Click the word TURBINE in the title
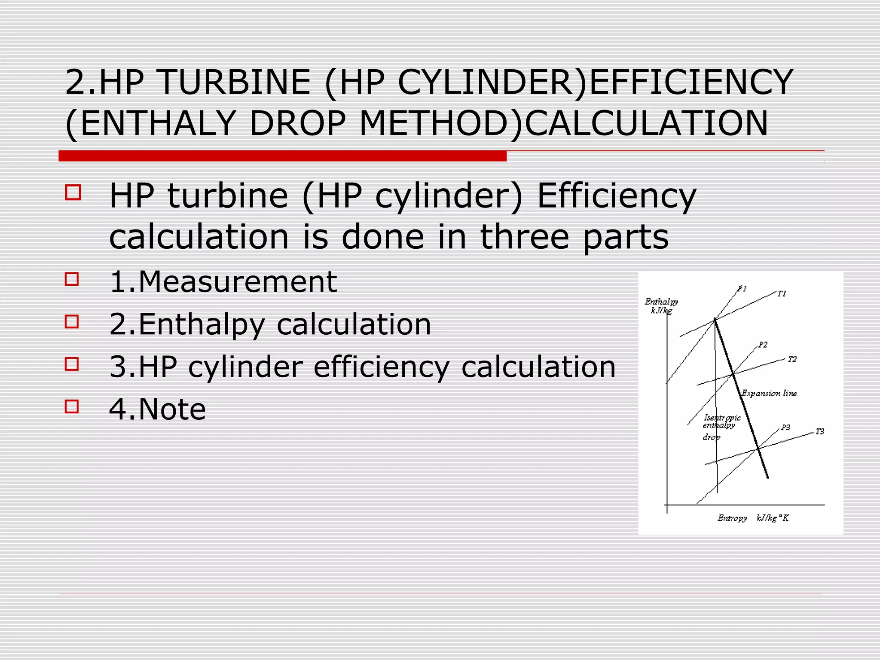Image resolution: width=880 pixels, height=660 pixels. [x=235, y=82]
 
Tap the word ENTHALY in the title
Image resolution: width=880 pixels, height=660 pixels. [x=157, y=124]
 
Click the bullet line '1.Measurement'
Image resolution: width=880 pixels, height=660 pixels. [x=223, y=282]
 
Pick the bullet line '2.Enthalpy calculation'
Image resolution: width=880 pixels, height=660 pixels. [x=270, y=324]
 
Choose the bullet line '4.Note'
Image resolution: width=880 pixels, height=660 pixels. [x=157, y=409]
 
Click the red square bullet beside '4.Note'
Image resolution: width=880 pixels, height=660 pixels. [x=72, y=406]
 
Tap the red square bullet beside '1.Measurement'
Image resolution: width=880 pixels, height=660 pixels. [x=72, y=279]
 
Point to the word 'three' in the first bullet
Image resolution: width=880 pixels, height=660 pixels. [x=524, y=237]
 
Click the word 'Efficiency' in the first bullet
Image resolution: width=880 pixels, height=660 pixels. [x=617, y=196]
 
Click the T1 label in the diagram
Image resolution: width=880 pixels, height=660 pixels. [x=782, y=294]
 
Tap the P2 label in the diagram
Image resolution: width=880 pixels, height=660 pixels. [x=763, y=345]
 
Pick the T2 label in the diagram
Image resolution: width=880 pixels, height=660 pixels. [x=792, y=359]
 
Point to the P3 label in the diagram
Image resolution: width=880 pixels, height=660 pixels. [x=785, y=427]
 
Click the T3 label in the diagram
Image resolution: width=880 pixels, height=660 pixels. [x=820, y=431]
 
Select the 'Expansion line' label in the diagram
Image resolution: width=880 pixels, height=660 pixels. [x=769, y=393]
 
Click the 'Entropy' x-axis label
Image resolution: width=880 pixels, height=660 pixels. [x=732, y=518]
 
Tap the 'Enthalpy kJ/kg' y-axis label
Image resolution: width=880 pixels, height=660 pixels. [x=661, y=306]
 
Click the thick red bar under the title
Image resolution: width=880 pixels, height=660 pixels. [x=282, y=156]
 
